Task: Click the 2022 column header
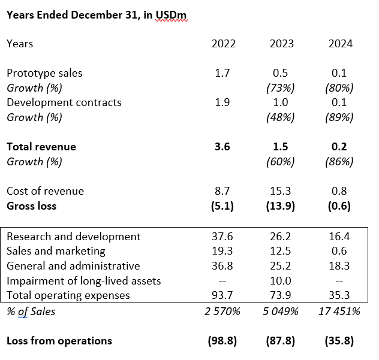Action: click(x=224, y=44)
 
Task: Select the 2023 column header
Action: click(x=282, y=44)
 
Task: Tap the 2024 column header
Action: click(x=341, y=44)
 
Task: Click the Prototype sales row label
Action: click(x=44, y=73)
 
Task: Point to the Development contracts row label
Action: click(x=64, y=102)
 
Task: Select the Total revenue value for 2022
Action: click(x=222, y=147)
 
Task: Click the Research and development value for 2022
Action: click(x=222, y=237)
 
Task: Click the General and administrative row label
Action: click(x=73, y=266)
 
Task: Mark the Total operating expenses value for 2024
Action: click(x=341, y=295)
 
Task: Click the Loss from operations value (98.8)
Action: click(x=222, y=341)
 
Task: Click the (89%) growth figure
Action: click(x=341, y=117)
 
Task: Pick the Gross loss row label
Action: click(x=31, y=206)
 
